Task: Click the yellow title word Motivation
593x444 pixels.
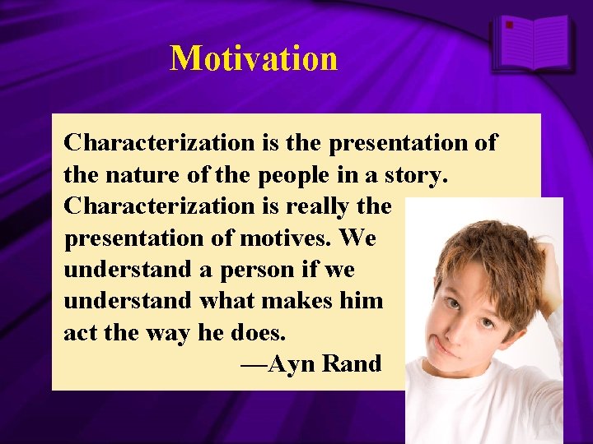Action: click(x=254, y=58)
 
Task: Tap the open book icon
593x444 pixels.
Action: click(x=531, y=43)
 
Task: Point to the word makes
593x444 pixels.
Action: click(x=308, y=301)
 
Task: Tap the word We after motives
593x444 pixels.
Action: click(x=357, y=238)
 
